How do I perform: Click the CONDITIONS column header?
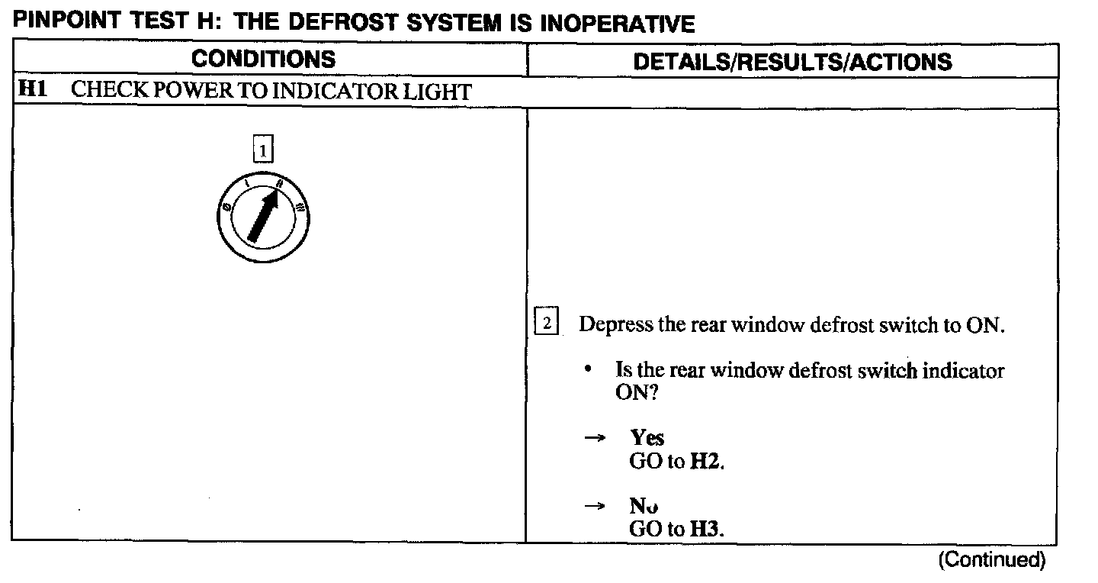263,60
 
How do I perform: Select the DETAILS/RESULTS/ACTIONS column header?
792,61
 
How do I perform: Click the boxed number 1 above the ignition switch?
262,151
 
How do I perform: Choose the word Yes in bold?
647,438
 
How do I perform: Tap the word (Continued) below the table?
992,560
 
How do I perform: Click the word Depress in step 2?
615,325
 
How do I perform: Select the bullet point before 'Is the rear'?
589,369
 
